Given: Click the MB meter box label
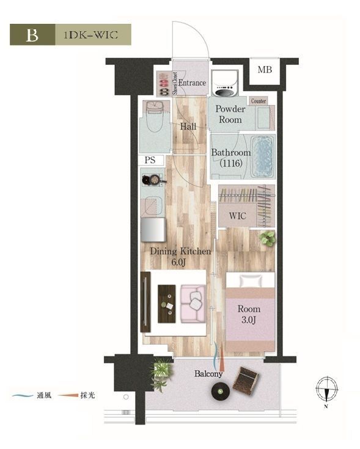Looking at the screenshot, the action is coord(265,70).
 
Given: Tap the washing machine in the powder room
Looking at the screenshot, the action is coord(225,82).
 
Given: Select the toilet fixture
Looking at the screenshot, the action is coord(155,115).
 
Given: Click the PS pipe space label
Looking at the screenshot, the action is coord(150,160).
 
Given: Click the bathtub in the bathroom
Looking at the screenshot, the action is coord(262,156).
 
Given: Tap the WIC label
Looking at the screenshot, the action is coord(237,216).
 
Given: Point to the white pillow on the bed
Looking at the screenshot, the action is coord(251,281).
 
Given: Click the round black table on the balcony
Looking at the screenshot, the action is coord(220,392).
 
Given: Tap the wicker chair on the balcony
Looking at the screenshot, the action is coord(246,381).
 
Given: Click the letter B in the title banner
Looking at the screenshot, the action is coord(32,35).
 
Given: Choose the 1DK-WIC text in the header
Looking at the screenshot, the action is coord(90,35).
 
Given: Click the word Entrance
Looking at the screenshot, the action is coord(192,83).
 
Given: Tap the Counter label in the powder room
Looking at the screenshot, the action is coord(259,101).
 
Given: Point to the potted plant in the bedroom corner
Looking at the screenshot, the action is coord(268,238).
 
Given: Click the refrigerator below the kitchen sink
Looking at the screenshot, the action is coord(153,230).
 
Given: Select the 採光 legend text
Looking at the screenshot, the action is coord(87,396).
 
